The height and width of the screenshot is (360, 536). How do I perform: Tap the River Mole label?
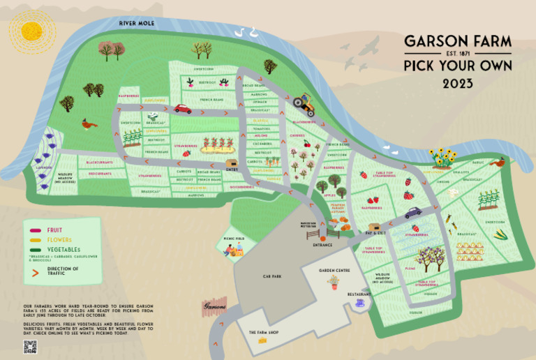(136, 23)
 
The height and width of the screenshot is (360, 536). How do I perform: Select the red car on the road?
(182, 109)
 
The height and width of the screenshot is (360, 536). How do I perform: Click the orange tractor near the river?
(304, 103)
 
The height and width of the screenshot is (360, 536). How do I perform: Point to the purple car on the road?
(413, 212)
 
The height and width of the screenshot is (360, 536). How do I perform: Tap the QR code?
(29, 347)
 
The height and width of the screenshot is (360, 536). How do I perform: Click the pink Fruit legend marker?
(33, 230)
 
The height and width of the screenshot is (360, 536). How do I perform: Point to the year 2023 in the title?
(458, 84)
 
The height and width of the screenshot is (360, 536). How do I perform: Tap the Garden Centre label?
(334, 269)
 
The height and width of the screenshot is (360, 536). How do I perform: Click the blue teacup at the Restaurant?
(360, 303)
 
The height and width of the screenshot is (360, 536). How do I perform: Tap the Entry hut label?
(232, 168)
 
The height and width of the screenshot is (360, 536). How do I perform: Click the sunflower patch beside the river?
(442, 158)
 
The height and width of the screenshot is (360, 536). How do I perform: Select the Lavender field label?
(44, 168)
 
